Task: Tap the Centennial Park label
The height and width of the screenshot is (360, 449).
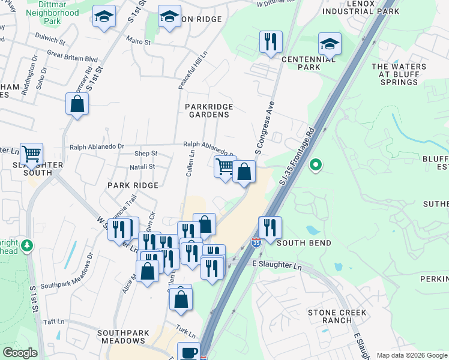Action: pos(309,63)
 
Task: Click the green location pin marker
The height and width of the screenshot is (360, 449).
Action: pos(315,164)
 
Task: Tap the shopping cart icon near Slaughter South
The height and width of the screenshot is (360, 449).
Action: pos(31,154)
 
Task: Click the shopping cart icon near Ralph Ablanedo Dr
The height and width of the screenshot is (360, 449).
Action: pos(225,166)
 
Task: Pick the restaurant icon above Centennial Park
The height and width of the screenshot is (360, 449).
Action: pos(270,42)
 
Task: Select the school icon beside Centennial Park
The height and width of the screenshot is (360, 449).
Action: pos(329,44)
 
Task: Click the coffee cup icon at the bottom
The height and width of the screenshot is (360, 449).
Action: pos(188,352)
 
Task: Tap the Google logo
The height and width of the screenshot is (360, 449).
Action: pos(20,353)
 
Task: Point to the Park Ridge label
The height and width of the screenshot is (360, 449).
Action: pos(133,185)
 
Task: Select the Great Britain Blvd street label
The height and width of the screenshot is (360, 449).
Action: pos(72,59)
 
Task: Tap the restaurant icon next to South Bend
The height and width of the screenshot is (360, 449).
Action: pos(270,227)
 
